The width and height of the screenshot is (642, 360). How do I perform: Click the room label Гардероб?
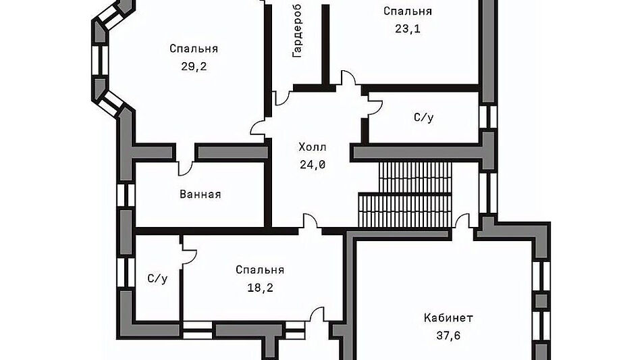click(x=297, y=34)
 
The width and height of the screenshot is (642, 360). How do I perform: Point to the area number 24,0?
click(x=313, y=163)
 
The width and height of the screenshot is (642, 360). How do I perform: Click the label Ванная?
click(x=200, y=195)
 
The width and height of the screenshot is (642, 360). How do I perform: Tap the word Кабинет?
click(x=448, y=317)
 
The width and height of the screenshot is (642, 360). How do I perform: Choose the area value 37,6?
click(x=448, y=335)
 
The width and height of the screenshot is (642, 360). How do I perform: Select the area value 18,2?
click(x=260, y=287)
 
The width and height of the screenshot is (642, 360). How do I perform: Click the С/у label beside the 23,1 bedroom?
click(x=423, y=118)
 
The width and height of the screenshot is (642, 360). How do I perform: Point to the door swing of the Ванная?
click(x=184, y=165)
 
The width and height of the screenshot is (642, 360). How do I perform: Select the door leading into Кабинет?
click(x=462, y=222)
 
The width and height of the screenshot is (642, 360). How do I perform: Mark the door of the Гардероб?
click(x=282, y=97)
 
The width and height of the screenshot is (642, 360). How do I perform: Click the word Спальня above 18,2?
click(x=260, y=269)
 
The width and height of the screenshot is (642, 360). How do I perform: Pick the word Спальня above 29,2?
click(x=194, y=49)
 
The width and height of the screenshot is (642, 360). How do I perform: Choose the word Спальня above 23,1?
click(x=407, y=11)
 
